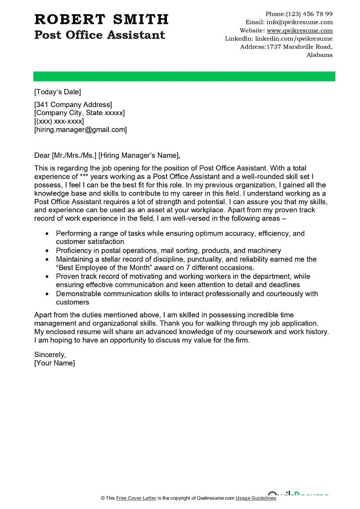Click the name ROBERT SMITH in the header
click(101, 19)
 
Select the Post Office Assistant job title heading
click(99, 35)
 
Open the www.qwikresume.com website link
click(300, 31)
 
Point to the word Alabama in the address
click(319, 55)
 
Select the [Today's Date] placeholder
click(58, 92)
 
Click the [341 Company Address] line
click(73, 105)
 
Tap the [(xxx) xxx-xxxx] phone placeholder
click(59, 121)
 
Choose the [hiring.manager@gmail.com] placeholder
click(81, 130)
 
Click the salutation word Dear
click(42, 156)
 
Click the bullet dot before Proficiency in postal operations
click(47, 251)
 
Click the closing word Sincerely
click(50, 354)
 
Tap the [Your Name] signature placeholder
click(54, 363)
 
